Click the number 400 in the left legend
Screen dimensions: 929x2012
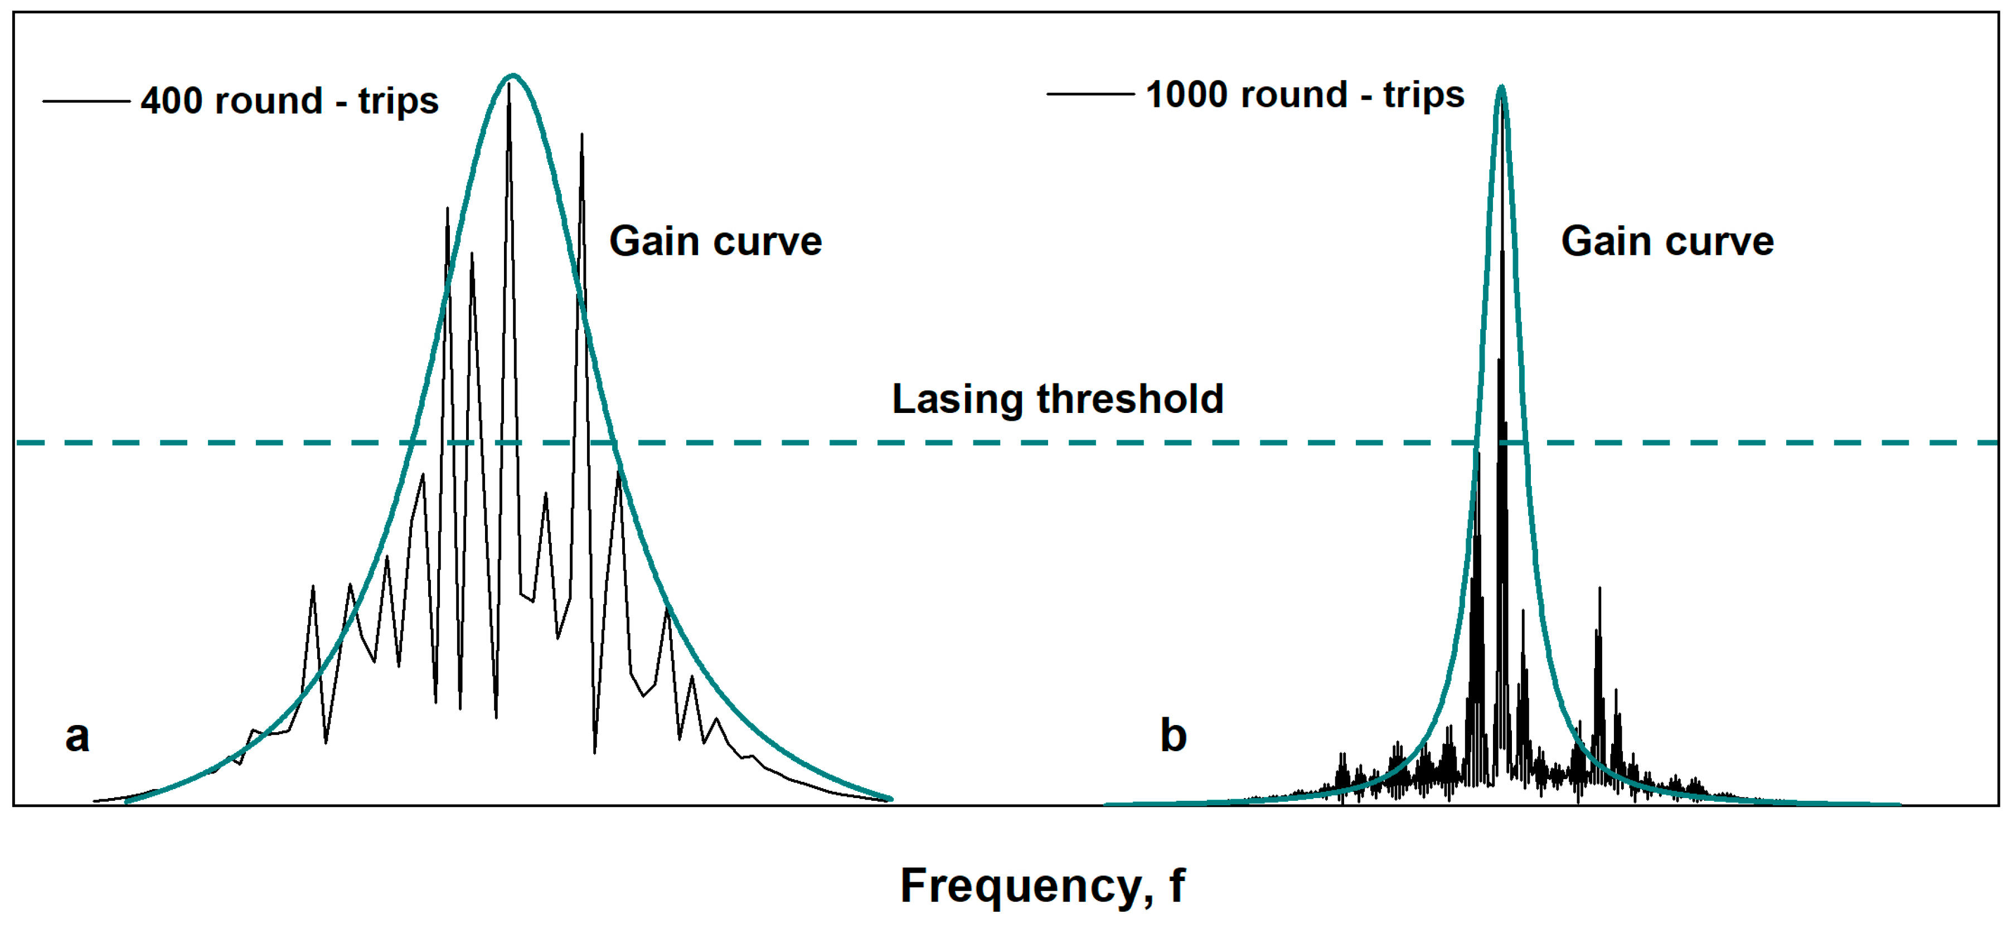click(171, 101)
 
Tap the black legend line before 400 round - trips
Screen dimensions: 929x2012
click(86, 101)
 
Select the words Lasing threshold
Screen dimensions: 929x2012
click(1057, 399)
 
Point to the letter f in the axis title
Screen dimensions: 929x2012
click(1176, 886)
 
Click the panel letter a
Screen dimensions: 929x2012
click(77, 736)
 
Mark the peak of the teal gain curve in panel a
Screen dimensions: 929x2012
click(512, 76)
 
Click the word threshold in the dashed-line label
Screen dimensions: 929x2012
click(1129, 399)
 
